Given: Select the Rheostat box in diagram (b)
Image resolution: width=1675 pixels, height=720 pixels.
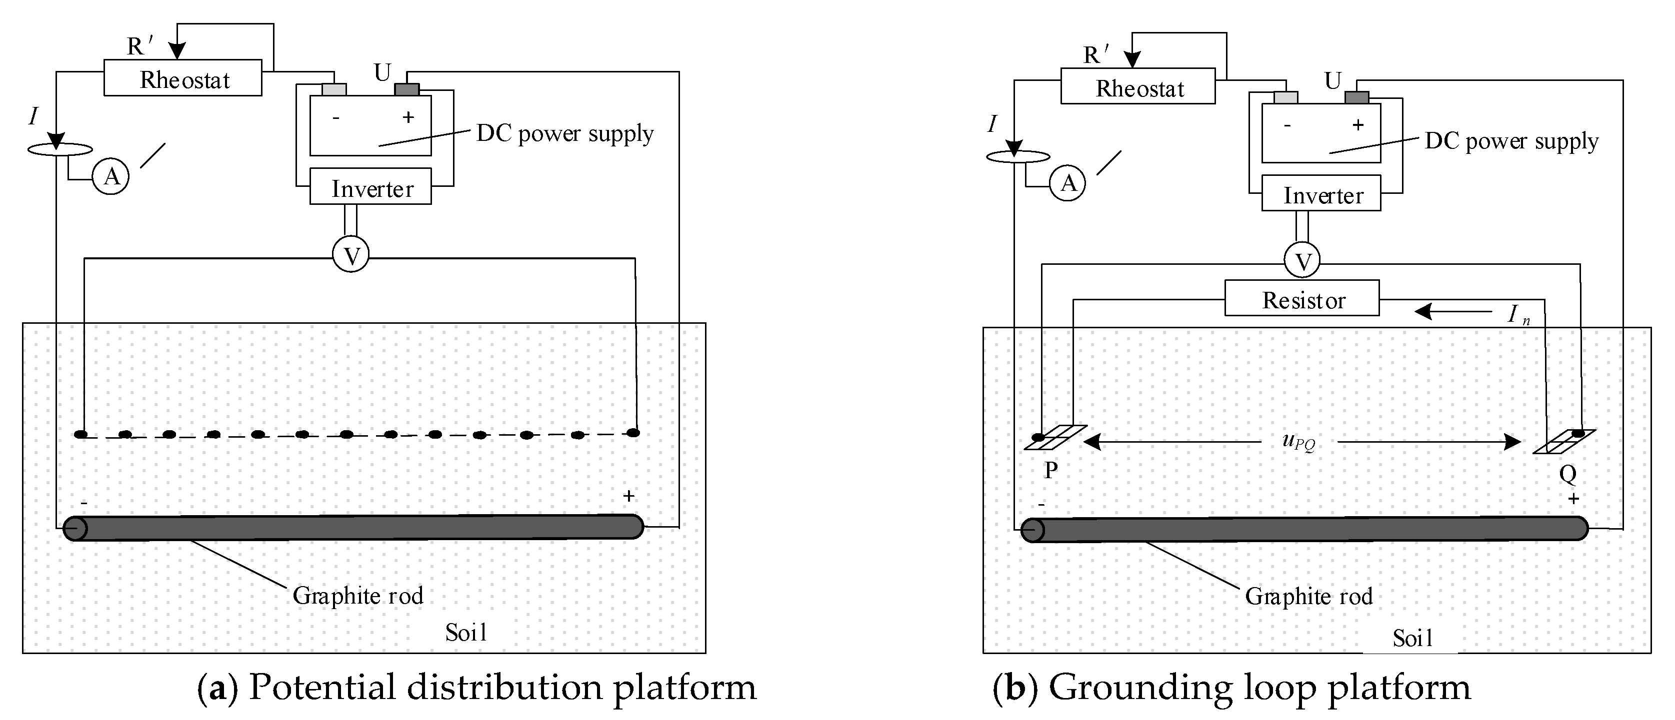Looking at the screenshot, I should [1137, 86].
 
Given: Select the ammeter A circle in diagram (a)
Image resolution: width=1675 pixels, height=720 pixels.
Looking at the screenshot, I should [111, 176].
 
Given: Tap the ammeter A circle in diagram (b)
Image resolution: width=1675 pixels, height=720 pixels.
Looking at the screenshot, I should [1067, 183].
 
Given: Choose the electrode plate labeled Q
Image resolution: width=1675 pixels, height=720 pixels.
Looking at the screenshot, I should [1563, 441].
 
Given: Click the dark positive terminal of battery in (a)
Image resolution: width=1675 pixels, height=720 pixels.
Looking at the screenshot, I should [407, 89].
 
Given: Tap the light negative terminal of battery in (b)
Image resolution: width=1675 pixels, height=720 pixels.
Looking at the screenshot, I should [1285, 97].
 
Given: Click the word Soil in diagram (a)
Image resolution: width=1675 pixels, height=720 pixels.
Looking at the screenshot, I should [465, 632].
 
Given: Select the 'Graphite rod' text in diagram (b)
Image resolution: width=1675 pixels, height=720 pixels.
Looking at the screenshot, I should [1308, 596].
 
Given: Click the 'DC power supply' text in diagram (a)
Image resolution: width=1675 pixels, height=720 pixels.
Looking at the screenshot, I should [564, 133].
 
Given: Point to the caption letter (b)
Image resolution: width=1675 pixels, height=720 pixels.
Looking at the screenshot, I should [1015, 688].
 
